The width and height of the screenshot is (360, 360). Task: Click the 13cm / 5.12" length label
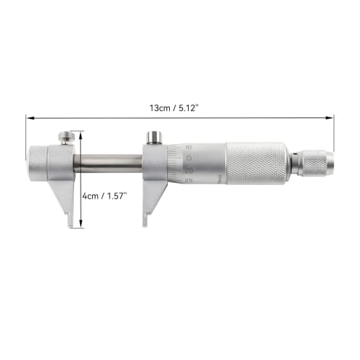click(x=174, y=107)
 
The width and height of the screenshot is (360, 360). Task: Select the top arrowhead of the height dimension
click(x=81, y=133)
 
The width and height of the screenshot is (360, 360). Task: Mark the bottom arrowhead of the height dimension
click(x=81, y=225)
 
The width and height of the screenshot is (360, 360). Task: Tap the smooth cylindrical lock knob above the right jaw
click(x=153, y=137)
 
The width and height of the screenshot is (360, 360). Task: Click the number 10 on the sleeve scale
click(x=187, y=146)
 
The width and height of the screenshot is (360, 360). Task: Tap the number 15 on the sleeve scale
click(x=188, y=157)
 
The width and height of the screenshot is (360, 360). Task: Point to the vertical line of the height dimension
click(x=81, y=180)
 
